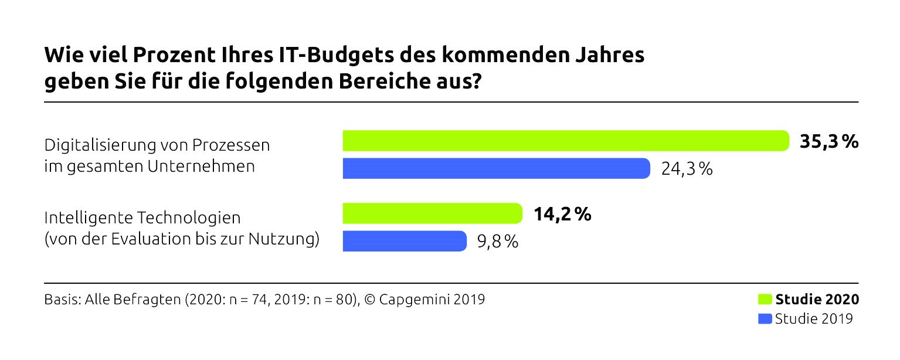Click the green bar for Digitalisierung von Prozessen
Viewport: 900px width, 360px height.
(x=566, y=141)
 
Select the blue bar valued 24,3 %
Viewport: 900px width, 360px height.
(x=496, y=168)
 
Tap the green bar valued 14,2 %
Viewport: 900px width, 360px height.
(x=432, y=213)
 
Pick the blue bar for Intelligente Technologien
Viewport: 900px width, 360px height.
(x=405, y=241)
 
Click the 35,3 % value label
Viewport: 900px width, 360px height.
(x=828, y=141)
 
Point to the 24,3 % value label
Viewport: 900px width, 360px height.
(x=687, y=169)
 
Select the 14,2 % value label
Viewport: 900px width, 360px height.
(x=562, y=214)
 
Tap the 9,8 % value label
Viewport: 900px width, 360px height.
(x=497, y=242)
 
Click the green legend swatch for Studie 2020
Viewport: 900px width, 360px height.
(x=765, y=300)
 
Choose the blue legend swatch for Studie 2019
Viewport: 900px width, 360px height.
(x=765, y=319)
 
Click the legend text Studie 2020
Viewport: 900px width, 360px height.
(x=817, y=300)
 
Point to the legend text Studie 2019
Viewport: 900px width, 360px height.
(x=813, y=319)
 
